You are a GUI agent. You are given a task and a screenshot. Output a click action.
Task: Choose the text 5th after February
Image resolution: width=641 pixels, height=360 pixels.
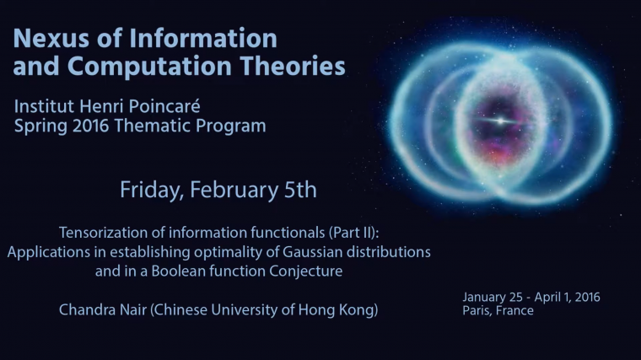[x=299, y=190]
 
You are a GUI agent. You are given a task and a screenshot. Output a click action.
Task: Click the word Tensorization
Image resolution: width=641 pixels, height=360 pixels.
[x=101, y=232]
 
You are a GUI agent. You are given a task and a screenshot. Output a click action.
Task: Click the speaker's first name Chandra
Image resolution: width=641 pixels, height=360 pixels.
[x=87, y=310]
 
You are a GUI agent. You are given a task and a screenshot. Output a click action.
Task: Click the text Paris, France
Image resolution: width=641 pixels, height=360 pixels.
[x=498, y=310]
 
